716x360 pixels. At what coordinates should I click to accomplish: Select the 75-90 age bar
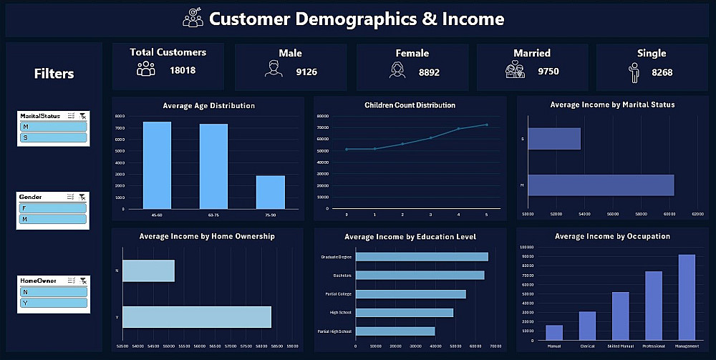coord(271,192)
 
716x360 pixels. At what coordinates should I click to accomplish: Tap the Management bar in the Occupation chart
coord(687,297)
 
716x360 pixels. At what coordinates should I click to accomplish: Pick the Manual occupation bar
coord(554,332)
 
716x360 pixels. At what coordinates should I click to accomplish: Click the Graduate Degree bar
coord(422,257)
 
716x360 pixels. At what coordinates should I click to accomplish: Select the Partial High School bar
coord(395,331)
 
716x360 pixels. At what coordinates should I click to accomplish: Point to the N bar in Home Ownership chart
coord(149,271)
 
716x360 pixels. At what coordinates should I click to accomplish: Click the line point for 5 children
coord(487,125)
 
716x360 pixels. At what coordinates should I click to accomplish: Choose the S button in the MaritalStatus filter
coord(54,137)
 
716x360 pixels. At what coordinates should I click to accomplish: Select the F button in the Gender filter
coord(54,208)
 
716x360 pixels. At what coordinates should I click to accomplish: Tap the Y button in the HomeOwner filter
coord(54,302)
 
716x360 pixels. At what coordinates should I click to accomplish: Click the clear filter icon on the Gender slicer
coord(83,197)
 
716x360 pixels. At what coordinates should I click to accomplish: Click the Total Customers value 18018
coord(183,70)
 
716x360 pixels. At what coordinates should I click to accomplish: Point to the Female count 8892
coord(430,72)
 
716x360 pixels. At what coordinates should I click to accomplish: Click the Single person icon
coord(634,72)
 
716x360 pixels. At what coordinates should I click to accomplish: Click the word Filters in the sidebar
coord(54,74)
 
